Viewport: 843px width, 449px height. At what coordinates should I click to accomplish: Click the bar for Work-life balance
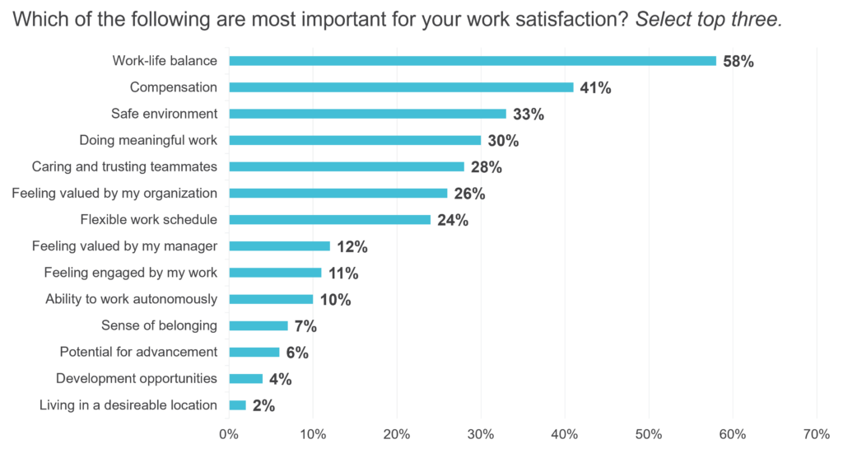pyautogui.click(x=473, y=60)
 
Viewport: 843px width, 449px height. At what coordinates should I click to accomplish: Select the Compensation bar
pyautogui.click(x=402, y=87)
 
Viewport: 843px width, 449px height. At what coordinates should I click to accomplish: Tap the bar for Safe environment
pyautogui.click(x=368, y=114)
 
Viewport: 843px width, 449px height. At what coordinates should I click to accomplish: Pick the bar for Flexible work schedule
pyautogui.click(x=330, y=219)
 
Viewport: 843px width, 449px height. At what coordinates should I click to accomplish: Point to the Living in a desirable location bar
pyautogui.click(x=238, y=405)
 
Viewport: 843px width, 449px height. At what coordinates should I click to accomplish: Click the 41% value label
pyautogui.click(x=594, y=87)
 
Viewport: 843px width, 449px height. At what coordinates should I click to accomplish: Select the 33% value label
pyautogui.click(x=528, y=115)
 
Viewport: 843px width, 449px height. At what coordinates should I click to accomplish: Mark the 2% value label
pyautogui.click(x=263, y=405)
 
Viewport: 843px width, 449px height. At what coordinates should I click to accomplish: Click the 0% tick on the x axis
pyautogui.click(x=229, y=433)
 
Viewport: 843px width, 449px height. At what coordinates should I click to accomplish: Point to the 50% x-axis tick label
pyautogui.click(x=649, y=433)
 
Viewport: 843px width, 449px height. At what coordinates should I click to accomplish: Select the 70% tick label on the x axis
pyautogui.click(x=816, y=433)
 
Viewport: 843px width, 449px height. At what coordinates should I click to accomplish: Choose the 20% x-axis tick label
pyautogui.click(x=397, y=433)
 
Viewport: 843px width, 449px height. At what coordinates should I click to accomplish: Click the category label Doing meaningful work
pyautogui.click(x=148, y=140)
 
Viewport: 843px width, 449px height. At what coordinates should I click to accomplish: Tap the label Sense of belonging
pyautogui.click(x=159, y=325)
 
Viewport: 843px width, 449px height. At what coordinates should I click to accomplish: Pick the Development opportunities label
pyautogui.click(x=136, y=378)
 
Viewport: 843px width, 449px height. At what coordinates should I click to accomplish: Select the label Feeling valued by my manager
pyautogui.click(x=124, y=246)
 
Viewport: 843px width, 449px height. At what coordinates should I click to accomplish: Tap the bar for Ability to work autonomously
pyautogui.click(x=272, y=299)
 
